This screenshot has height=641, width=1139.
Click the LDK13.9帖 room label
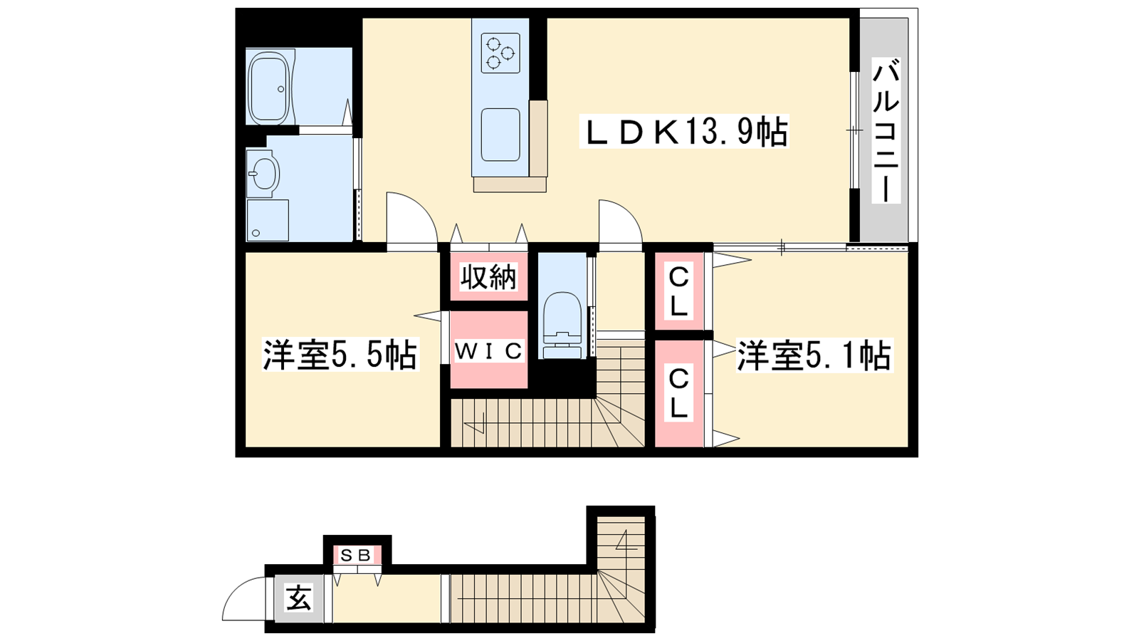(684, 131)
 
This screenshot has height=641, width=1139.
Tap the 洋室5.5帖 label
(340, 354)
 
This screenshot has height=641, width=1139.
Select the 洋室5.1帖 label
(814, 355)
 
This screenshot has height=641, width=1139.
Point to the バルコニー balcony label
(886, 131)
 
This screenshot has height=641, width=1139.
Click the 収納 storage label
(488, 277)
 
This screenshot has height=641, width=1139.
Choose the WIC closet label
(488, 350)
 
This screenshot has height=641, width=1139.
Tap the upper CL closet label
(678, 292)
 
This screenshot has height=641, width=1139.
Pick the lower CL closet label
(678, 395)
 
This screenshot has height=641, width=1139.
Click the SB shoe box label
(356, 556)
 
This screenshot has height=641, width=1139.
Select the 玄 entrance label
(298, 598)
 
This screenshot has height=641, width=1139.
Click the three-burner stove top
(500, 53)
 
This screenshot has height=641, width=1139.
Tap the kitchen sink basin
(501, 135)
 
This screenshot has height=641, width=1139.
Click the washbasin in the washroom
(263, 174)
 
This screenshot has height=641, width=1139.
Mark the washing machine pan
(268, 220)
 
